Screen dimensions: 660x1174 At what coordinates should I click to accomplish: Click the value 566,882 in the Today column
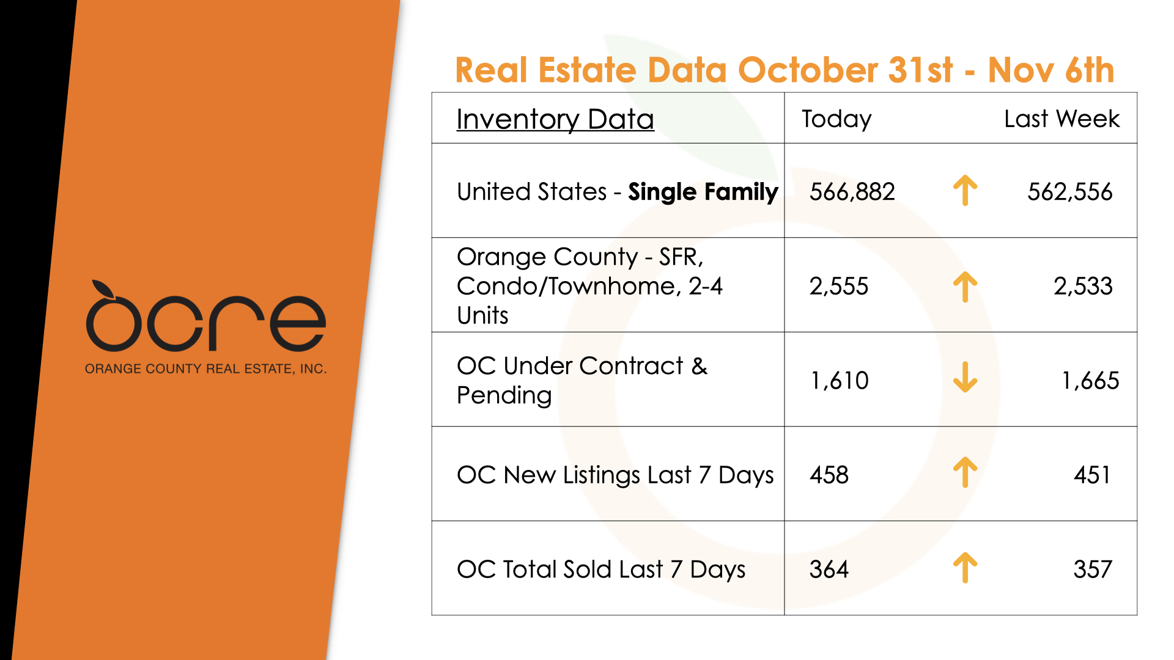(x=852, y=192)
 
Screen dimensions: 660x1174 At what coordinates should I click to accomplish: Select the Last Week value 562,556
(x=1069, y=192)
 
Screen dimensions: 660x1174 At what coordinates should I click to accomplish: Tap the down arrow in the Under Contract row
(x=965, y=377)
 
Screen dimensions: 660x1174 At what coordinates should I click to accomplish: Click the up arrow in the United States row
(x=965, y=190)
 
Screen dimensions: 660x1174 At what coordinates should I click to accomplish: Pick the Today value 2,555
(x=838, y=286)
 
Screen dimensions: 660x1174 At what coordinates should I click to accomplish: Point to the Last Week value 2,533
(x=1082, y=286)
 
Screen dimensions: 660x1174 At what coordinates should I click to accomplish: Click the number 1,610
(x=839, y=381)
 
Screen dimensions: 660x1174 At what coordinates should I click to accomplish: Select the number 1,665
(x=1090, y=381)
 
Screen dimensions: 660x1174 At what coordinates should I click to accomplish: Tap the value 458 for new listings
(x=829, y=475)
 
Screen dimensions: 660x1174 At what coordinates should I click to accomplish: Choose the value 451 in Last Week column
(x=1092, y=475)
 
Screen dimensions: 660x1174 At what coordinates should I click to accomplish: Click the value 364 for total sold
(x=829, y=570)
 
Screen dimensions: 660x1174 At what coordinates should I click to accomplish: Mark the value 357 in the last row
(x=1092, y=570)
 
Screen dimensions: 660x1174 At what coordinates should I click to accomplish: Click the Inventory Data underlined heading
(x=555, y=119)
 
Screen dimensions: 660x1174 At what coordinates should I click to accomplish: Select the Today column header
(x=836, y=119)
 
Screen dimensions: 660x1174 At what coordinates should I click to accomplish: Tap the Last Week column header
(x=1061, y=119)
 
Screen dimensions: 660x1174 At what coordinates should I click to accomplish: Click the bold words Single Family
(x=703, y=192)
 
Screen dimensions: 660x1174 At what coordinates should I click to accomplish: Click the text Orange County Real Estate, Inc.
(x=205, y=369)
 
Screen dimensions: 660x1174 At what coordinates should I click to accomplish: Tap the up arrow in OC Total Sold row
(x=965, y=568)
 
